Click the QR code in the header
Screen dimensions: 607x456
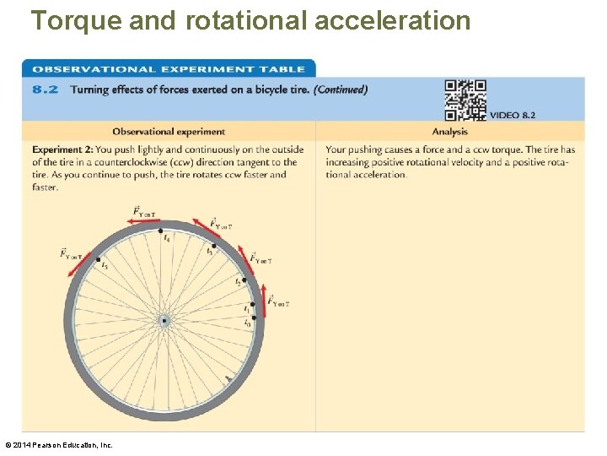[x=465, y=100]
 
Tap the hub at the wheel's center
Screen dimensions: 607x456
[x=164, y=321]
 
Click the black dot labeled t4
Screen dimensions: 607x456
[x=165, y=231]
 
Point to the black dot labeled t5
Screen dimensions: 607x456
[x=99, y=259]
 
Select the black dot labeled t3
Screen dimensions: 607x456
[x=214, y=246]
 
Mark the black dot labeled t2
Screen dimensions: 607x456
[x=243, y=279]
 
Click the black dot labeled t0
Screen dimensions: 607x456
[x=253, y=318]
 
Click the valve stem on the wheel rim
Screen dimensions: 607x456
[x=228, y=381]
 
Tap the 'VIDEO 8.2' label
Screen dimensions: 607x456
[x=513, y=115]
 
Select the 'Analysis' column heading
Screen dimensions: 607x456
[x=449, y=131]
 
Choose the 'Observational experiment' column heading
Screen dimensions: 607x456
[x=169, y=131]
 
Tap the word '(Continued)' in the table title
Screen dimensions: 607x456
[x=341, y=89]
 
